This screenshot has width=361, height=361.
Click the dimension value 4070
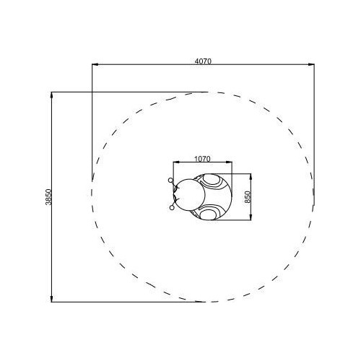(x=203, y=61)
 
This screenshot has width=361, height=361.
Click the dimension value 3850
(x=48, y=197)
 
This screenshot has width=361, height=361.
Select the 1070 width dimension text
(x=202, y=159)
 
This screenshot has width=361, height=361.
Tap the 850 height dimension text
(x=248, y=197)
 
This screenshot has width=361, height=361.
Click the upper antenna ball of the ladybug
(x=170, y=180)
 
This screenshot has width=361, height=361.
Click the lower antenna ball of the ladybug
(x=172, y=208)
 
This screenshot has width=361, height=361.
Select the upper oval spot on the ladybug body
(x=212, y=180)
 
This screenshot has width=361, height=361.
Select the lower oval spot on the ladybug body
(x=208, y=214)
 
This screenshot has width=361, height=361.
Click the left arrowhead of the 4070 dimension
(x=95, y=64)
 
